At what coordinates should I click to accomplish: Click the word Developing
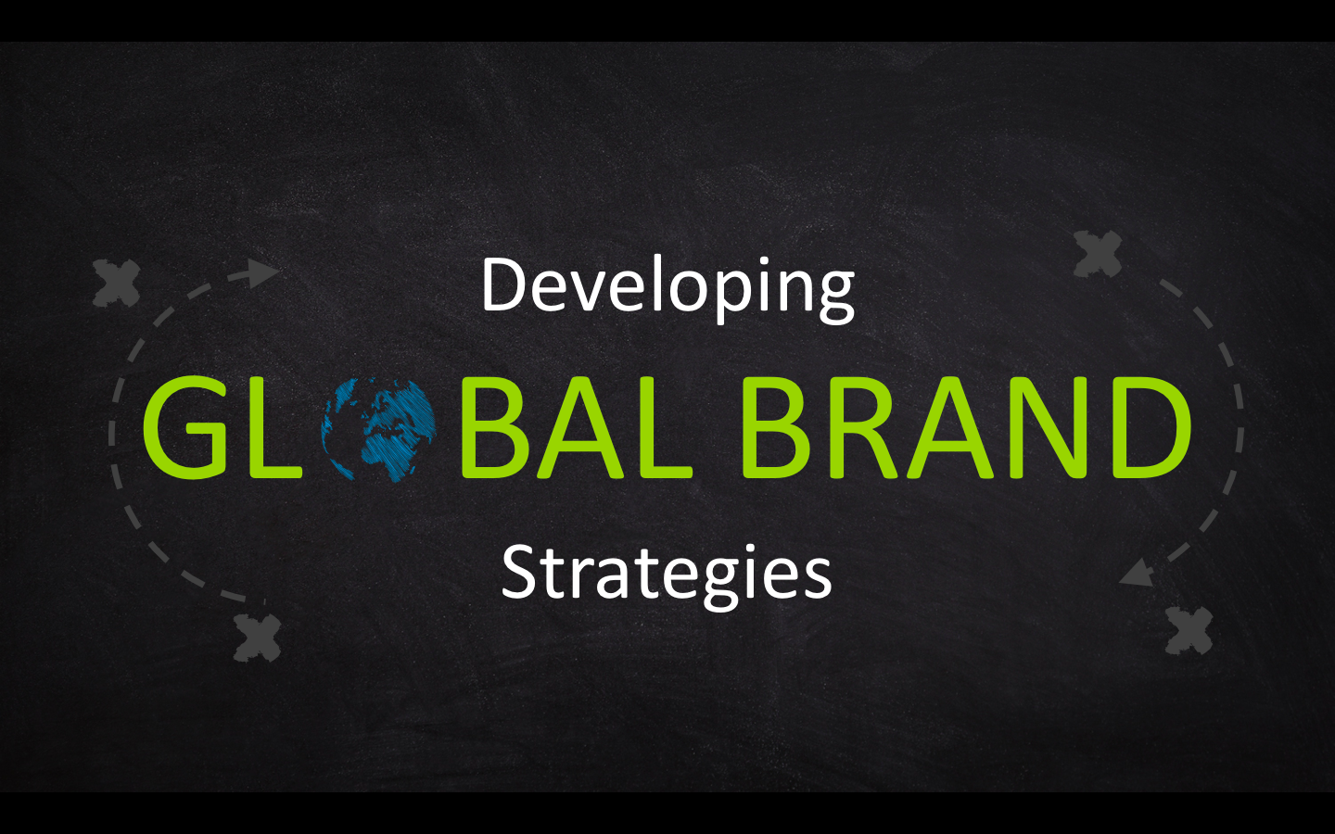667,289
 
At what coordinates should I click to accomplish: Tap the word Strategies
667,574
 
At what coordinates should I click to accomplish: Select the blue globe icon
378,430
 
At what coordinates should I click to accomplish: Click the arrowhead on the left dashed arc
262,273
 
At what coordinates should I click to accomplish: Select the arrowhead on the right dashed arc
1138,573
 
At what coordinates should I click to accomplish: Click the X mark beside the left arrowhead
117,283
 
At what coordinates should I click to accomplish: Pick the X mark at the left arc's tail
257,638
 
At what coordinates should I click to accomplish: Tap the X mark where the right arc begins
1098,254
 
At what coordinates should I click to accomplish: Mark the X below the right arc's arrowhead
1189,630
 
